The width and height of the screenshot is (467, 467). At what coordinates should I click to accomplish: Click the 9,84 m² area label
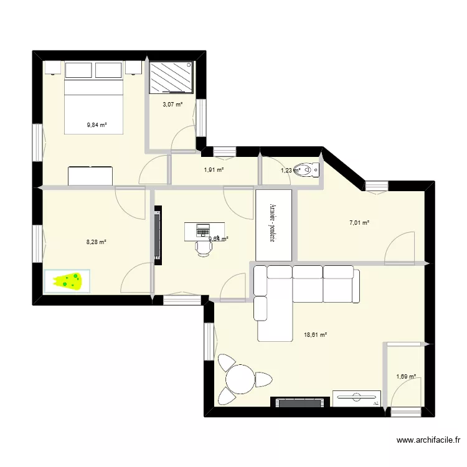click(97, 125)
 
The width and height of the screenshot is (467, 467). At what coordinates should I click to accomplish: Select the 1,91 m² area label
click(214, 169)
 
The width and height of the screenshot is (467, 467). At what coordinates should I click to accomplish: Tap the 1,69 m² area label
click(405, 376)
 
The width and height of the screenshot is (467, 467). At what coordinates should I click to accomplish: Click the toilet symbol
click(307, 169)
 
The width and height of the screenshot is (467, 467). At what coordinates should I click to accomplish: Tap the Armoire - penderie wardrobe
click(273, 225)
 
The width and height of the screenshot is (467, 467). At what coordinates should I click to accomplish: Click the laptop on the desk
click(204, 230)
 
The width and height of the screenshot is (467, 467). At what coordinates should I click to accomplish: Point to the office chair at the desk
click(203, 247)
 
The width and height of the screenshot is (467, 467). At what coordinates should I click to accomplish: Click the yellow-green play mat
click(67, 281)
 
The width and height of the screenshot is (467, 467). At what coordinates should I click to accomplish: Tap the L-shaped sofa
click(293, 293)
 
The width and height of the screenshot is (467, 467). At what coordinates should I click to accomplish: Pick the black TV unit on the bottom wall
click(299, 402)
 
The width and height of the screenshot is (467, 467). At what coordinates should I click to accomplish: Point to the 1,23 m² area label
click(290, 170)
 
